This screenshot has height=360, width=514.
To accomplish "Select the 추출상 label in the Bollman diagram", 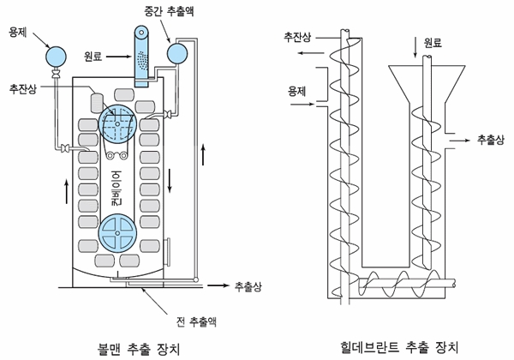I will tap(248, 285).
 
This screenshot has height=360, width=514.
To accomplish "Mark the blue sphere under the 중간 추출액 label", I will tap(178, 53).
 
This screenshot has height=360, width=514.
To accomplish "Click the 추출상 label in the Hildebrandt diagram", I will tap(489, 139).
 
